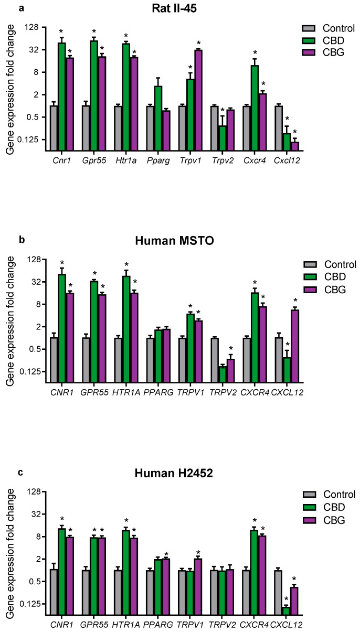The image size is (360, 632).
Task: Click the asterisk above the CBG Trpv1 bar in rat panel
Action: tap(198, 43)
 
